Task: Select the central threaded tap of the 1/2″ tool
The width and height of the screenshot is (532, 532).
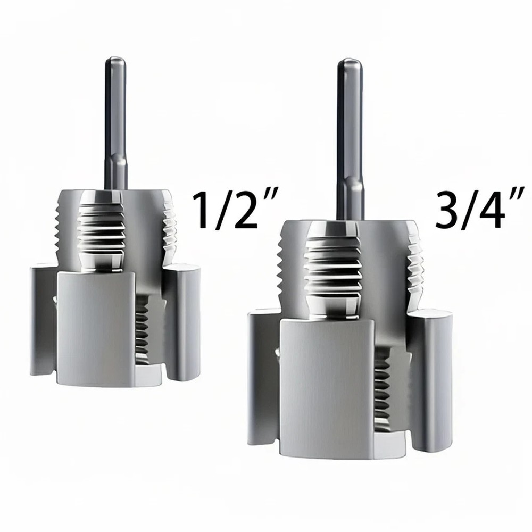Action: [x=101, y=234]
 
